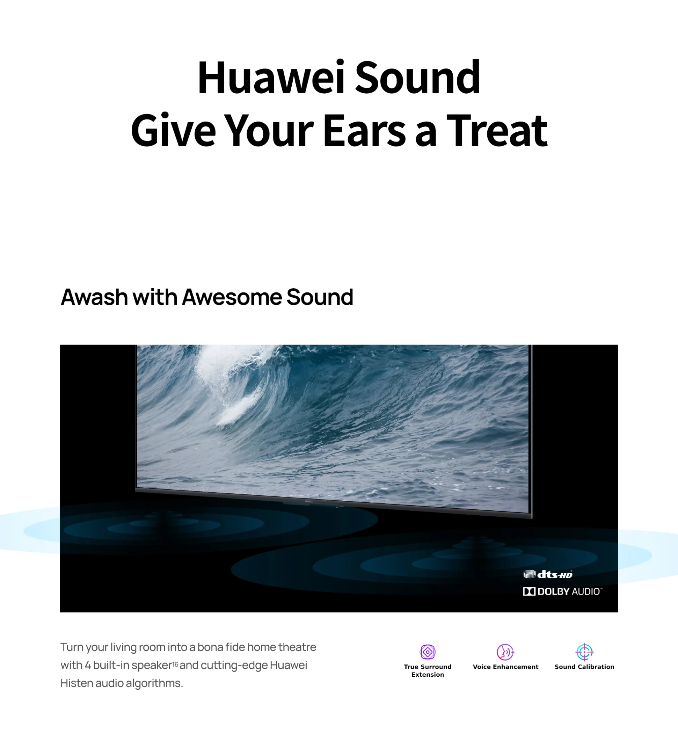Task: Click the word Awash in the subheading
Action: tap(94, 297)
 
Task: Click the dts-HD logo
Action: tap(548, 574)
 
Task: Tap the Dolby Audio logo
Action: tap(562, 591)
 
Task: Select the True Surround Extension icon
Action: tap(428, 652)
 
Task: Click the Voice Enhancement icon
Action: tap(505, 652)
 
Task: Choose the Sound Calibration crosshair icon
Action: tap(584, 652)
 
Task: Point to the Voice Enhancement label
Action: tap(505, 667)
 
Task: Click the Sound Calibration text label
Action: tap(584, 667)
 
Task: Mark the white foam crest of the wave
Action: tap(235, 382)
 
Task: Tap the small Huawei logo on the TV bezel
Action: tap(309, 501)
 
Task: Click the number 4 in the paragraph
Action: tap(88, 665)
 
